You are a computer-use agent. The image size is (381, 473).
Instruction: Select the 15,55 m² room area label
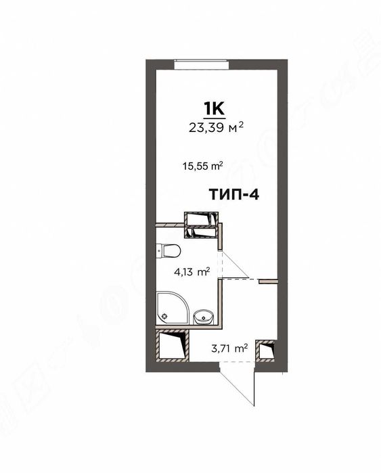[x=203, y=164]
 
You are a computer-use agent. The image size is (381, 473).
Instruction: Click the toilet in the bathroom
[x=171, y=252]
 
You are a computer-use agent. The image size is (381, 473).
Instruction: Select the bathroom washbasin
[x=202, y=316]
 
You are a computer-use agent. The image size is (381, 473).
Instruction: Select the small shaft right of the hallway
[x=270, y=351]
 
